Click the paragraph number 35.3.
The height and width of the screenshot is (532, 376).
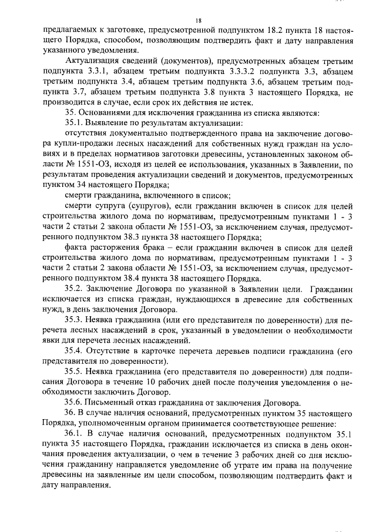pyautogui.click(x=75, y=320)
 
